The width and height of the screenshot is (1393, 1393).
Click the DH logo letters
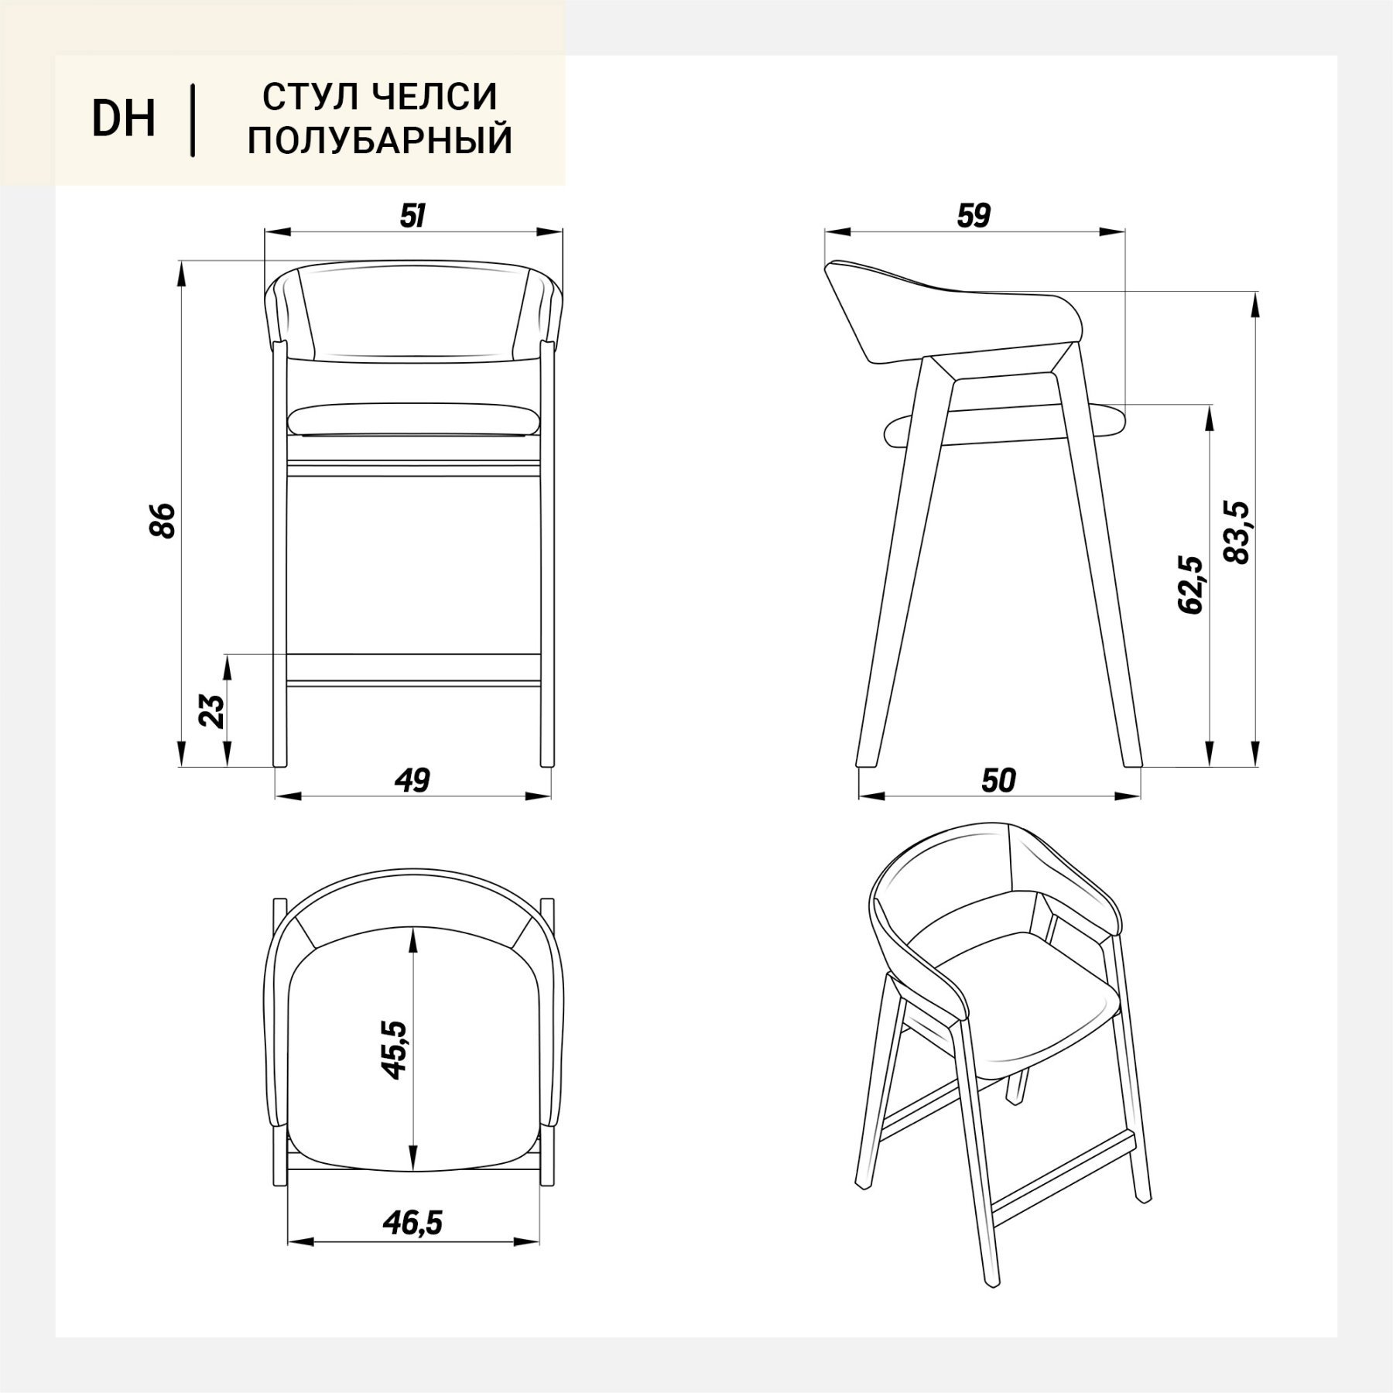point(124,119)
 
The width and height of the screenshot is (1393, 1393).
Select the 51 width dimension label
point(412,216)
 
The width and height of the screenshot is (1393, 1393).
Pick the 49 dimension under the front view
point(412,780)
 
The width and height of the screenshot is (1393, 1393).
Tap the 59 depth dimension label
point(974,216)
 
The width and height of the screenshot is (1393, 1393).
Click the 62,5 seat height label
point(1189,584)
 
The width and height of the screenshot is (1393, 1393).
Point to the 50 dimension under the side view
point(998,780)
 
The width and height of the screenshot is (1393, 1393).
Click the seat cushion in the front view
point(413,419)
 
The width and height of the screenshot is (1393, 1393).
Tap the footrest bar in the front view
point(413,669)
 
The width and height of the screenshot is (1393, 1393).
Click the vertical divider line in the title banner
point(193,120)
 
